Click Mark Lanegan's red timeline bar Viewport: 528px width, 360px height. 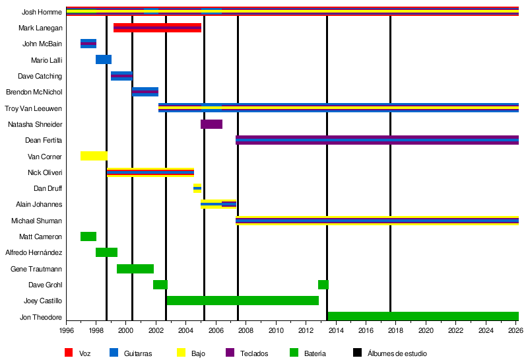pos(157,28)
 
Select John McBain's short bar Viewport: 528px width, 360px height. pos(88,44)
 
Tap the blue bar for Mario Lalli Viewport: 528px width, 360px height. pos(104,59)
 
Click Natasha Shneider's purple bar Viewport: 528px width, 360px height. pos(211,124)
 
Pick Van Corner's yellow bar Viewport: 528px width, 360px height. pos(94,156)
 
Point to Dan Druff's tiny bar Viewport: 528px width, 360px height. pos(197,188)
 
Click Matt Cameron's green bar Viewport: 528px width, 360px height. pos(88,236)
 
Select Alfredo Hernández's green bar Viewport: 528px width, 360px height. pos(106,252)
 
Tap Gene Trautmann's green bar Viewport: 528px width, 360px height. pos(135,269)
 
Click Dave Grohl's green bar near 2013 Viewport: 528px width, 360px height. pos(323,285)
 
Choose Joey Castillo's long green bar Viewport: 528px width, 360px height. pos(243,301)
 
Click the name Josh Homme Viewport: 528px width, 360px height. pos(42,12)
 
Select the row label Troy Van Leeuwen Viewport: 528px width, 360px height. pos(34,108)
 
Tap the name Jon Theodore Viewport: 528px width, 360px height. pos(41,317)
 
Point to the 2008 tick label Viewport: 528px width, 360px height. pos(246,330)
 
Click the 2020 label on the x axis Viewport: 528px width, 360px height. pos(426,330)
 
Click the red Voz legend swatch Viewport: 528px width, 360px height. pos(69,353)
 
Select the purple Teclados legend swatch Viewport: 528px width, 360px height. pos(230,353)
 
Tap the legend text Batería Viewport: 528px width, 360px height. pos(315,353)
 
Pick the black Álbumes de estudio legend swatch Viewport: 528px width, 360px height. pos(357,353)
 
